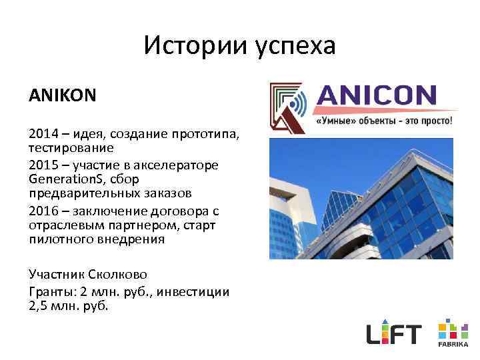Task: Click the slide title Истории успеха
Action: (x=239, y=46)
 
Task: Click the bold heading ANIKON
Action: (x=62, y=95)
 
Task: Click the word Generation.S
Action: (x=64, y=179)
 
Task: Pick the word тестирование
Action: (x=71, y=147)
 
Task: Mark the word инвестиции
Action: (x=198, y=291)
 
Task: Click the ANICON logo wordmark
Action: (x=377, y=95)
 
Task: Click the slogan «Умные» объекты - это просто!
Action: (x=383, y=121)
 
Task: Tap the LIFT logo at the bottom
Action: (x=394, y=333)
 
